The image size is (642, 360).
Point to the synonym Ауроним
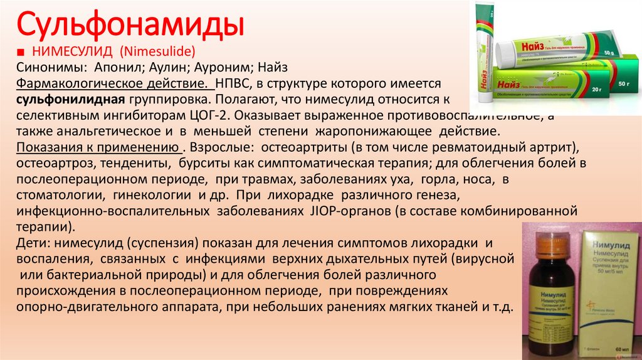click(224, 67)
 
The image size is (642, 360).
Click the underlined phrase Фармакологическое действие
click(113, 83)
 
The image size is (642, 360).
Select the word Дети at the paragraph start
click(33, 243)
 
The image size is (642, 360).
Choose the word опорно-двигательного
click(76, 308)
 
